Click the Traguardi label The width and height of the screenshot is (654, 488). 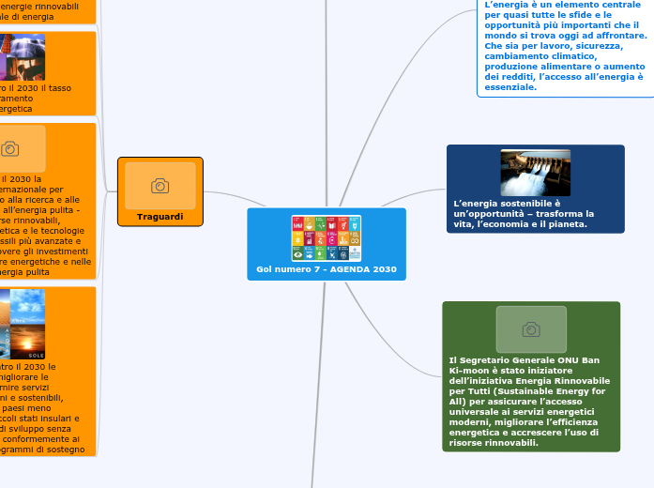pos(160,216)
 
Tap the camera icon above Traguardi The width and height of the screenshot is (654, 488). pos(160,186)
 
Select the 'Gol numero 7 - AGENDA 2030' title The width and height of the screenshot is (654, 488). pos(327,270)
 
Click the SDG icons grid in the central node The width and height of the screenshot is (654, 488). pos(327,238)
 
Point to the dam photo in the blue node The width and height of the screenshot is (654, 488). pos(535,173)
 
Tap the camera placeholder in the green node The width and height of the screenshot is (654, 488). pos(531,329)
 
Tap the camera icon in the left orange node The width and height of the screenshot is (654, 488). pos(10,148)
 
